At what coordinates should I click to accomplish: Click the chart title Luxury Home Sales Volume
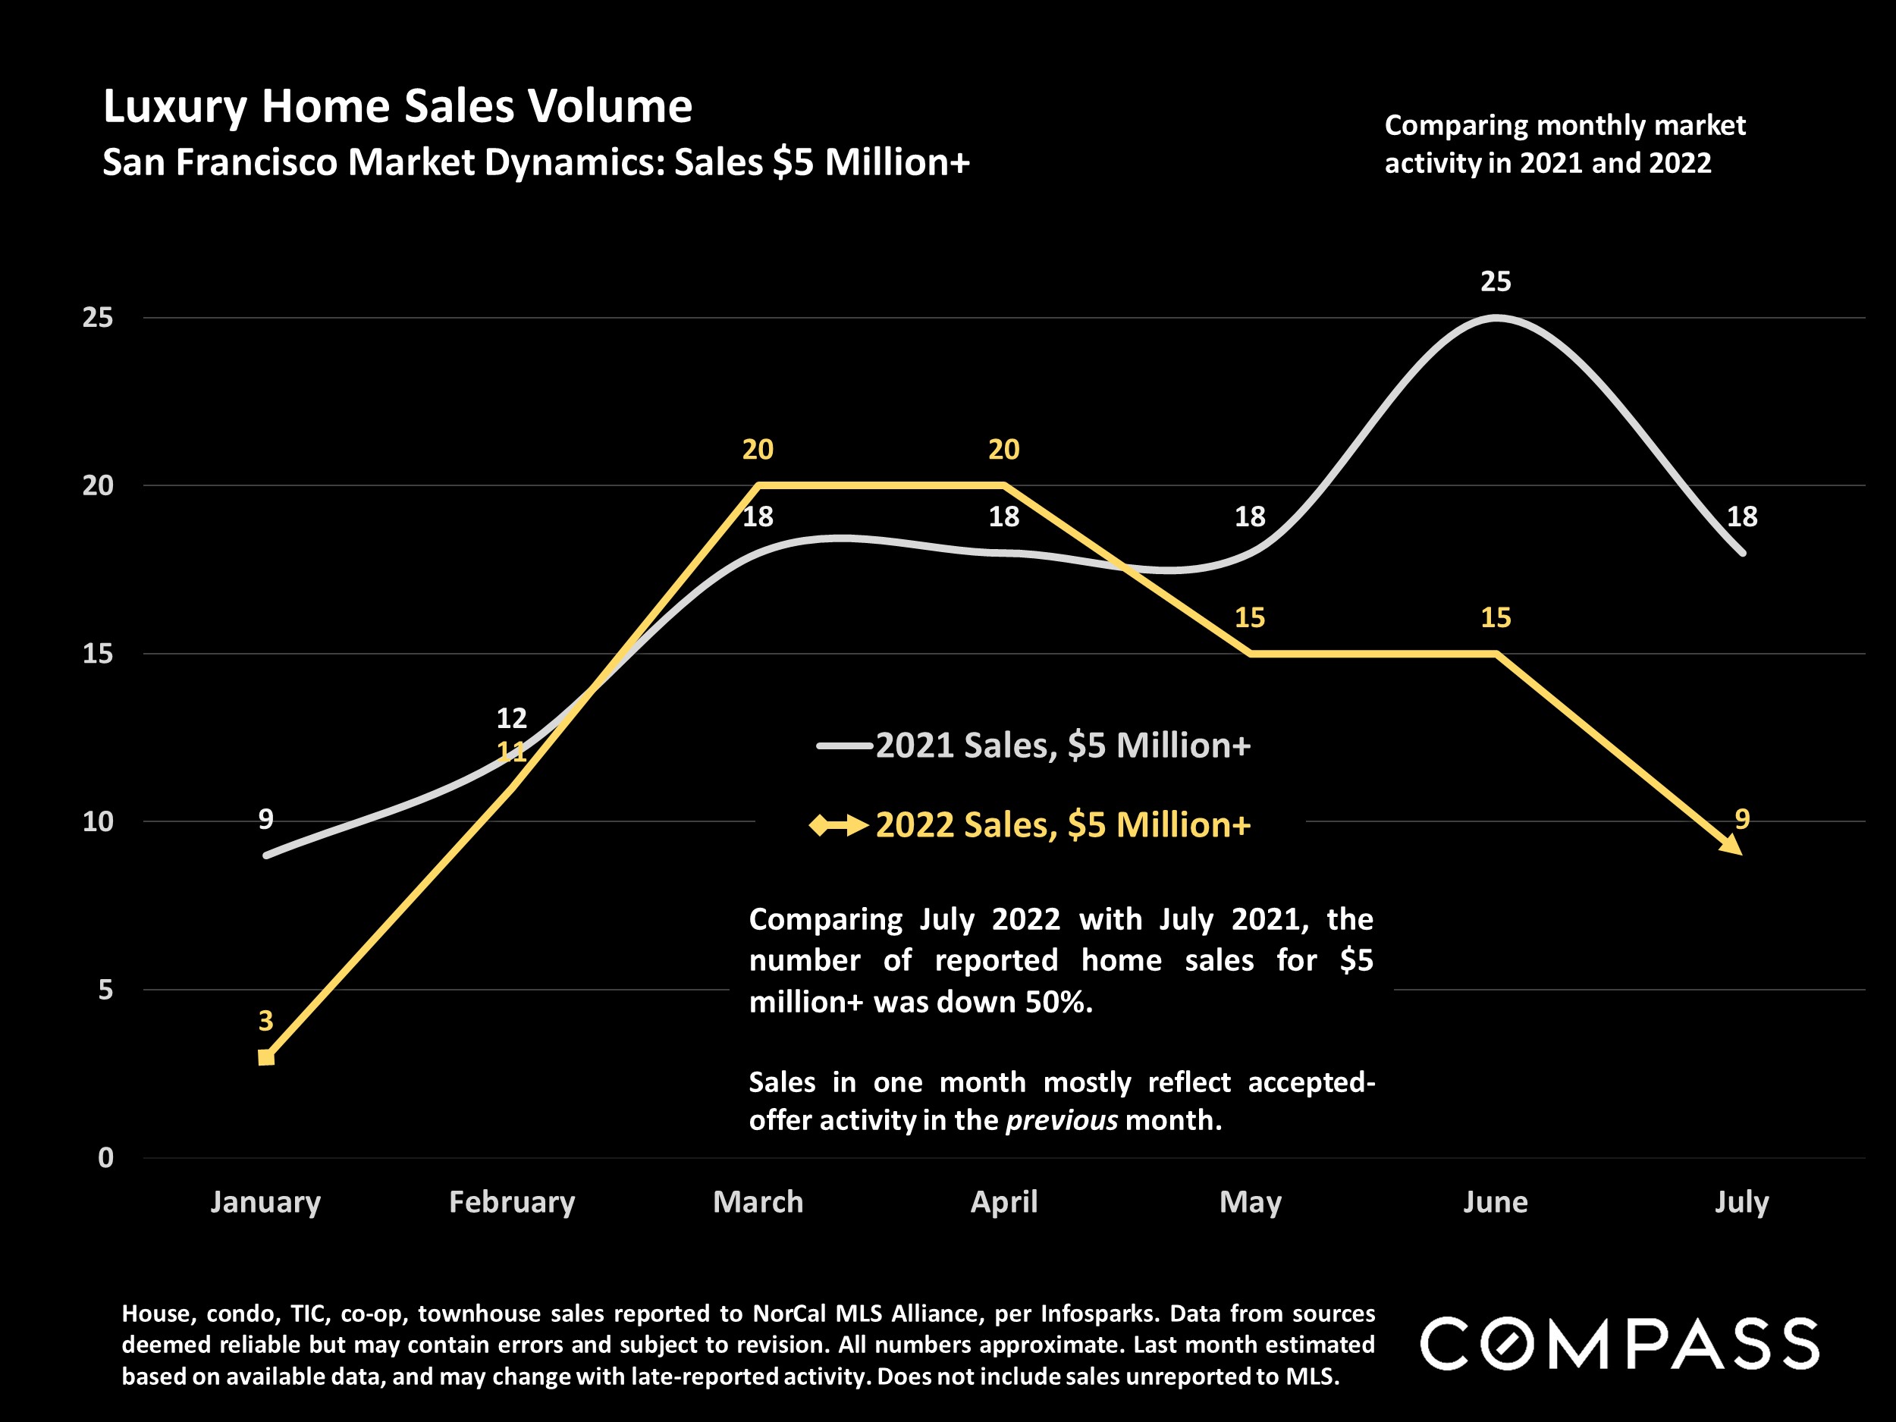tap(397, 107)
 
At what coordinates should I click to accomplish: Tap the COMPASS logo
tap(1619, 1343)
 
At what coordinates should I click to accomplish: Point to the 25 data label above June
tap(1496, 281)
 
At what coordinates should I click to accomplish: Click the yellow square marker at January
tap(265, 1057)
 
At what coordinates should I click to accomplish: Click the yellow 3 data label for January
tap(265, 1020)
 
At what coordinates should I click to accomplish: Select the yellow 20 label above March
tap(758, 449)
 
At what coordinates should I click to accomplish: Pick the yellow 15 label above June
tap(1496, 617)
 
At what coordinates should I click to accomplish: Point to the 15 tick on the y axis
tap(98, 654)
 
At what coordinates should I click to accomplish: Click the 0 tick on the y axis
tap(105, 1158)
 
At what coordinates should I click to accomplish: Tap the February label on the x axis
tap(512, 1202)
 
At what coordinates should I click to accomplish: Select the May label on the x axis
tap(1250, 1202)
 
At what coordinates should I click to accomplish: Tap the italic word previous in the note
tap(1061, 1120)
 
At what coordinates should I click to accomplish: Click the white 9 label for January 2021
tap(265, 819)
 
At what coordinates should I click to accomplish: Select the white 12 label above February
tap(512, 717)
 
